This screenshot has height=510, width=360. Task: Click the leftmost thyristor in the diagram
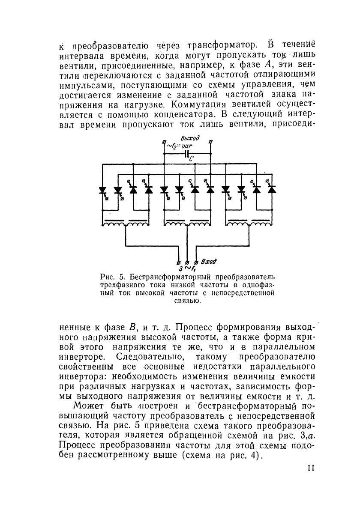[103, 190]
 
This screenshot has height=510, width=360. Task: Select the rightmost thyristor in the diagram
[271, 190]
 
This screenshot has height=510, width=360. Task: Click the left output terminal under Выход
[165, 142]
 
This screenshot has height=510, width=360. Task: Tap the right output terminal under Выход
[210, 142]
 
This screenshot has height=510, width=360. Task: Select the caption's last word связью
[188, 301]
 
